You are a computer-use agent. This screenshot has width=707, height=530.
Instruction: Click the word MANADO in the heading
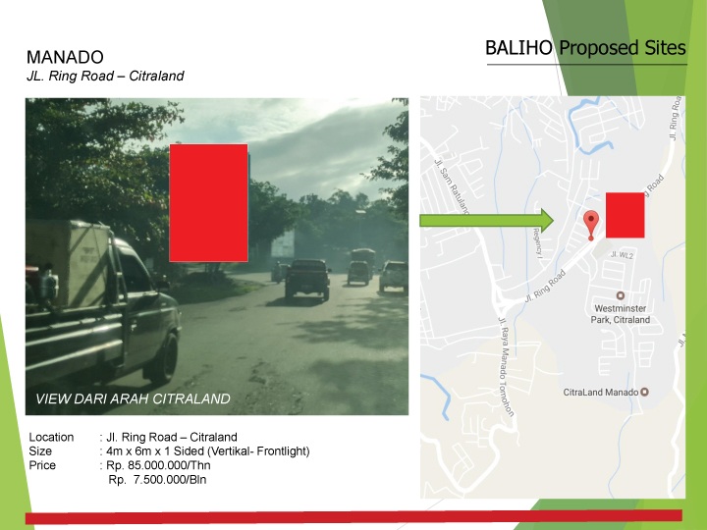pyautogui.click(x=65, y=58)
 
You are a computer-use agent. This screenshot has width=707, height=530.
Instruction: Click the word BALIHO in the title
pyautogui.click(x=519, y=48)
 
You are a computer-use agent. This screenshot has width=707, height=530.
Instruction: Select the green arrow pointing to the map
pyautogui.click(x=486, y=220)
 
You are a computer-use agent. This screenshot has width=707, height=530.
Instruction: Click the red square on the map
pyautogui.click(x=625, y=215)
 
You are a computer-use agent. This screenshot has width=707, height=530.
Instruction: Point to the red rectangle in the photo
pyautogui.click(x=208, y=202)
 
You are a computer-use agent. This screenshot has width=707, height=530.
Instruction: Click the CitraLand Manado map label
pyautogui.click(x=601, y=393)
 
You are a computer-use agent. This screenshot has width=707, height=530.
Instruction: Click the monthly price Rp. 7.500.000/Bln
pyautogui.click(x=158, y=480)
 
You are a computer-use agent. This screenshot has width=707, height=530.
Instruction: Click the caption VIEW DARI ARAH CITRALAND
pyautogui.click(x=133, y=399)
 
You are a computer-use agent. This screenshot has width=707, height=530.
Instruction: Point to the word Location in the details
pyautogui.click(x=51, y=438)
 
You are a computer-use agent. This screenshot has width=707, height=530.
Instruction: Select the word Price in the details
pyautogui.click(x=42, y=465)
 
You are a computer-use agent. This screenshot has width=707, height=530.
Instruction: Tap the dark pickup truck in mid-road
pyautogui.click(x=307, y=279)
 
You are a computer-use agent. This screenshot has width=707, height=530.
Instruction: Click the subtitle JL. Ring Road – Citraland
pyautogui.click(x=105, y=76)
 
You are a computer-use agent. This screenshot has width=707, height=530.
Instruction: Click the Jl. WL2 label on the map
pyautogui.click(x=621, y=254)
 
